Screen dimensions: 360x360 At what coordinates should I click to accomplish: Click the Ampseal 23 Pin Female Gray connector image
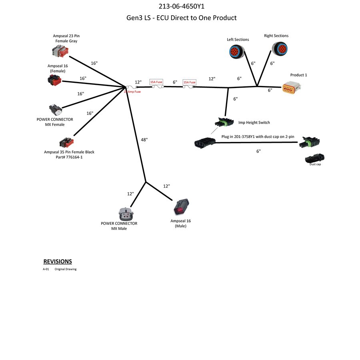pyautogui.click(x=60, y=52)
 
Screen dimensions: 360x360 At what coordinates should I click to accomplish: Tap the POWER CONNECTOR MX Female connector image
pyautogui.click(x=56, y=110)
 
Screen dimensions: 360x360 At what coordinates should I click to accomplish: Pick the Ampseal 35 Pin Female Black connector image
pyautogui.click(x=66, y=142)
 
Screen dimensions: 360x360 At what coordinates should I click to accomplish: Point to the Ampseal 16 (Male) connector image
pyautogui.click(x=181, y=207)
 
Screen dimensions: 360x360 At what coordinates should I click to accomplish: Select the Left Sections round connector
pyautogui.click(x=235, y=51)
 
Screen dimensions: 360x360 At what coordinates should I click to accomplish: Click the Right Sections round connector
pyautogui.click(x=278, y=49)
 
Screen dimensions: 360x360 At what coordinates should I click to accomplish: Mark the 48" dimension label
pyautogui.click(x=144, y=140)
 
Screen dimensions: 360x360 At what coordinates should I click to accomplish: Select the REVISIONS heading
pyautogui.click(x=58, y=262)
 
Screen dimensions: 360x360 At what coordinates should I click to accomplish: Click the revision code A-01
pyautogui.click(x=46, y=269)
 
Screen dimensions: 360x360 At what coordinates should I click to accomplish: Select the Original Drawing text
pyautogui.click(x=66, y=269)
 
